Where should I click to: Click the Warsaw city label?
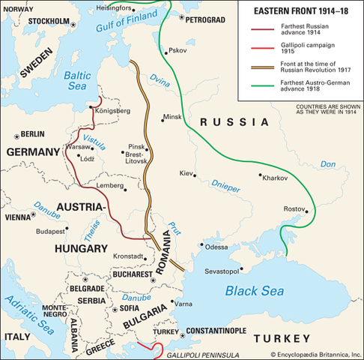(78, 148)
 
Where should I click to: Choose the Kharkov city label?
(274, 178)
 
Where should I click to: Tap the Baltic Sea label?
(76, 81)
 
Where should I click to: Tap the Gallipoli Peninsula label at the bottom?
(201, 352)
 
